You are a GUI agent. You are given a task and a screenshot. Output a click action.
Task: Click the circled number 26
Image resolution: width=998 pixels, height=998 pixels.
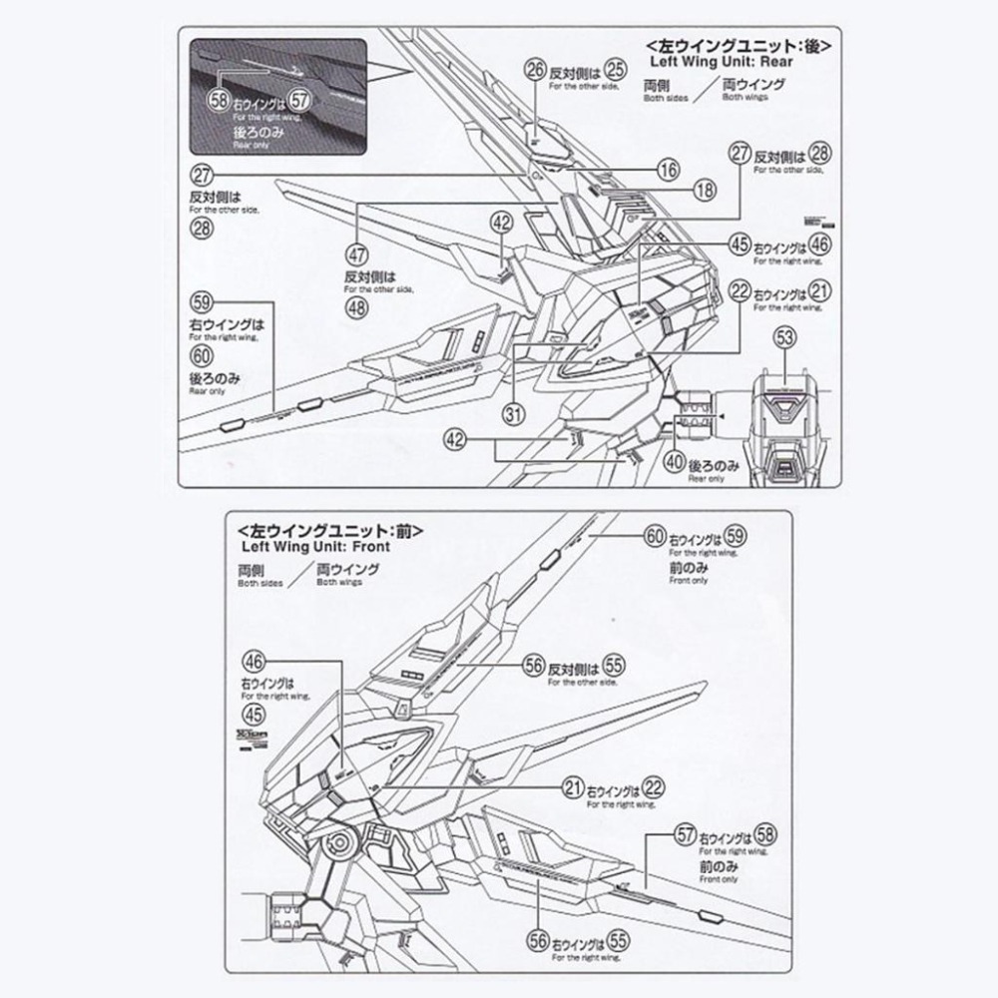coord(536,69)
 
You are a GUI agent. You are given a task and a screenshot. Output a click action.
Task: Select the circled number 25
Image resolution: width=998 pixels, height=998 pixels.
coord(616,69)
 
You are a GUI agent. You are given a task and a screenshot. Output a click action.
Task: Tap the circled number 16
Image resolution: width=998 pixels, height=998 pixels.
coord(668,170)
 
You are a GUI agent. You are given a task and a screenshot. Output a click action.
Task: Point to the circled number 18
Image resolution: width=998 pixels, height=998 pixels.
coord(705,191)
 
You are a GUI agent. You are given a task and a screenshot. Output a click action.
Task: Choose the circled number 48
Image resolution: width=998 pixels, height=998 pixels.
coord(357,307)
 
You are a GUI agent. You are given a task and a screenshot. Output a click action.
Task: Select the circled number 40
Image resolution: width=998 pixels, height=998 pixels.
coord(675,462)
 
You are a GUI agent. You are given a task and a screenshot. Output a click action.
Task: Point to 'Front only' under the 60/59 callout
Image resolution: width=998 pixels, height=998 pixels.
coord(689,580)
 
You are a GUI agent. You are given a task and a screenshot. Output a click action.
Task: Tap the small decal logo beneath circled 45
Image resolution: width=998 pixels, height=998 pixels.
coord(253,737)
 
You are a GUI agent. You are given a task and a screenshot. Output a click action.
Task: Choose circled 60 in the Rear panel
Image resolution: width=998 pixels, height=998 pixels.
coord(202,355)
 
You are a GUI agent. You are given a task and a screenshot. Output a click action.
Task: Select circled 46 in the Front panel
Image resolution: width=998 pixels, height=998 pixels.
coord(253,661)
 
